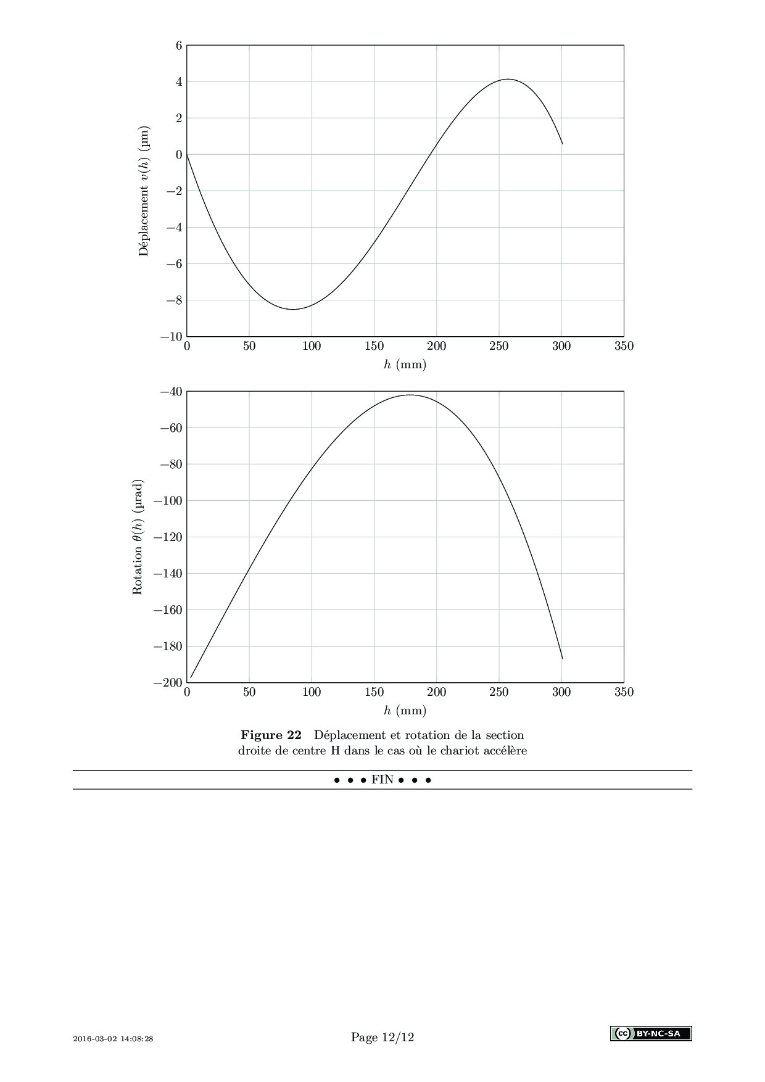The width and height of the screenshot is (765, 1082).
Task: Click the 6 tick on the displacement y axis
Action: coord(179,45)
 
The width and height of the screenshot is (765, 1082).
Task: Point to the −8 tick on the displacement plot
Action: coord(174,300)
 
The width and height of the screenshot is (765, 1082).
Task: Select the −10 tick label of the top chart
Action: coord(172,337)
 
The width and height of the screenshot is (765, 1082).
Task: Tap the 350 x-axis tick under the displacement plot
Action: coord(624,347)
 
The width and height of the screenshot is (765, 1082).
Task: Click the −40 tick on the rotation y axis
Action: coord(172,391)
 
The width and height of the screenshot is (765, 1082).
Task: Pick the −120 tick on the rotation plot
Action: coord(168,537)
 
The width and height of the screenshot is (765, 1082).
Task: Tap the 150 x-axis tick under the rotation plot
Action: coord(374,693)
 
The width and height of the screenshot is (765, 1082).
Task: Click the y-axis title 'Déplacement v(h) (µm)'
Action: coord(144,191)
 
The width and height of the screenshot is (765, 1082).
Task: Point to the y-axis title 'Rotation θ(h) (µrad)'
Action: coord(138,537)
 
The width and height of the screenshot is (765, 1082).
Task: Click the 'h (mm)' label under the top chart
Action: coord(405,365)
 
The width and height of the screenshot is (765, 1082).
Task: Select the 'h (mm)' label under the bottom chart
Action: coord(405,711)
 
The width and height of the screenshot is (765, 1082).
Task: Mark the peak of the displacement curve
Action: coord(508,79)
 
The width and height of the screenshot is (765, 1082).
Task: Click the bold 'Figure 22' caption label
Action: coord(271,735)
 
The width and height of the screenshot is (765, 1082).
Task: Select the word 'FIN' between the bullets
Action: coord(382,780)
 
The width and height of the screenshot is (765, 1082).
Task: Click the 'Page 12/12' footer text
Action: coord(382,1038)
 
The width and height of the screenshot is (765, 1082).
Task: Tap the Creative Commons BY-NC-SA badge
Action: coord(651,1033)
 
